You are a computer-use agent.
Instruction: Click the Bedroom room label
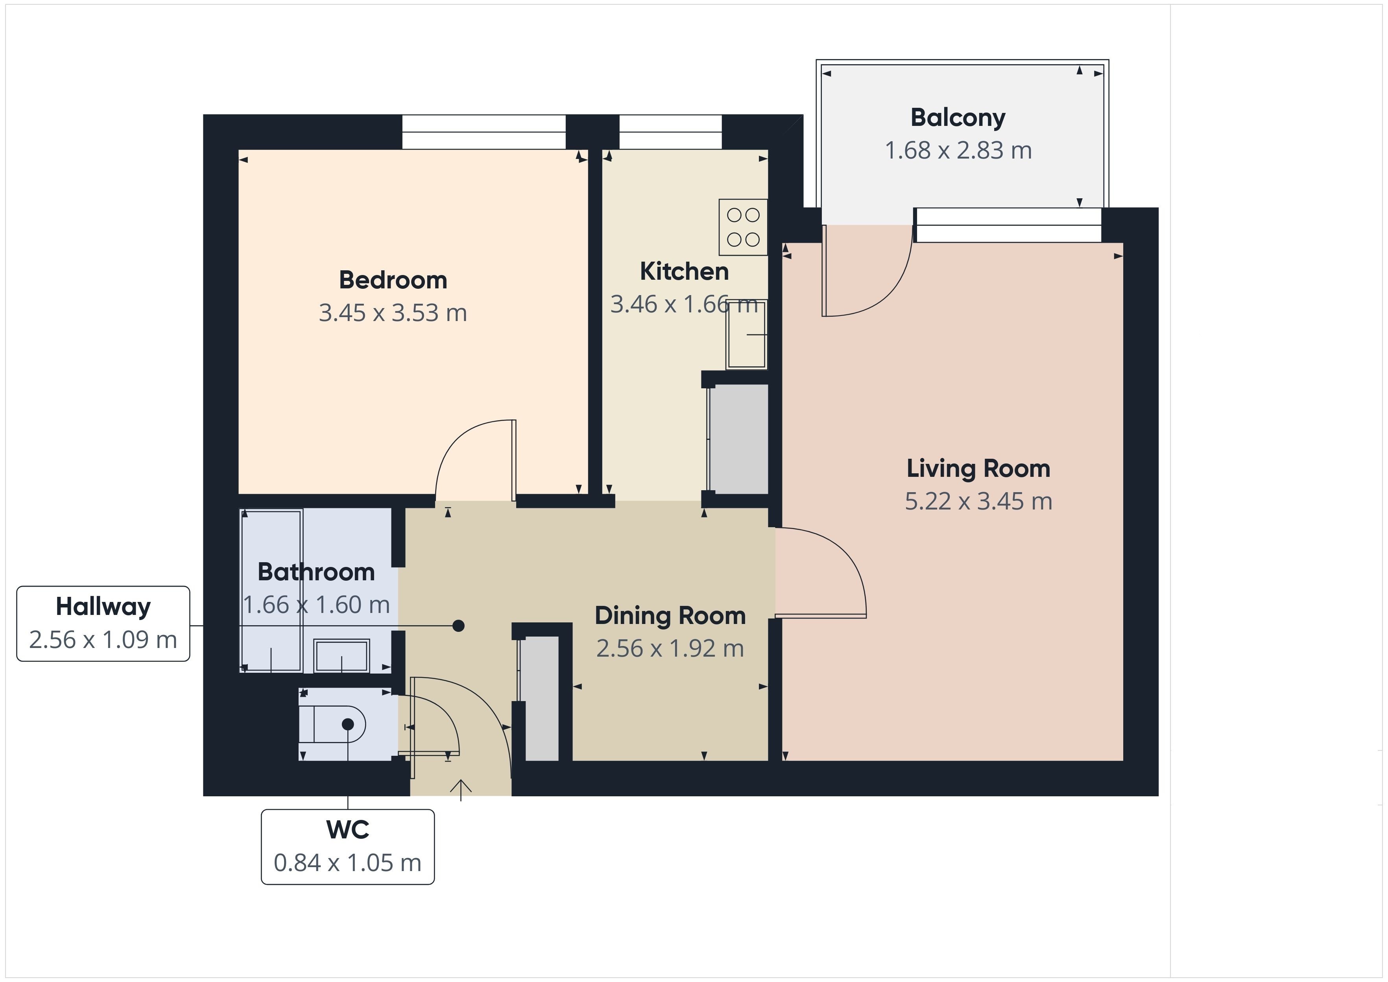pyautogui.click(x=393, y=280)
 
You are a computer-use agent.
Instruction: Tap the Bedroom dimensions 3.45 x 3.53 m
pyautogui.click(x=393, y=313)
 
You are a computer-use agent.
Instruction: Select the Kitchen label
pyautogui.click(x=684, y=271)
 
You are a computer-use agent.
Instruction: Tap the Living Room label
pyautogui.click(x=978, y=469)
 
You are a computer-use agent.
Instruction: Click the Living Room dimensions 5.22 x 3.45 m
pyautogui.click(x=978, y=501)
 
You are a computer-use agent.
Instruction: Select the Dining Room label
pyautogui.click(x=670, y=616)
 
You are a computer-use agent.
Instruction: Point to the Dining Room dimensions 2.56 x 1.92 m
pyautogui.click(x=670, y=649)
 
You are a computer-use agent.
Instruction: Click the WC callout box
pyautogui.click(x=348, y=847)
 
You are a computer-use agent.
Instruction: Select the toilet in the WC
pyautogui.click(x=332, y=724)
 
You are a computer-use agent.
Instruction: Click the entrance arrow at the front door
pyautogui.click(x=461, y=790)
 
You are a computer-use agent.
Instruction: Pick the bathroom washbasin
pyautogui.click(x=341, y=655)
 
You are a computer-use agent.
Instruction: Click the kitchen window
pyautogui.click(x=670, y=132)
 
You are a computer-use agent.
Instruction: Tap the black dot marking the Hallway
pyautogui.click(x=459, y=625)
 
